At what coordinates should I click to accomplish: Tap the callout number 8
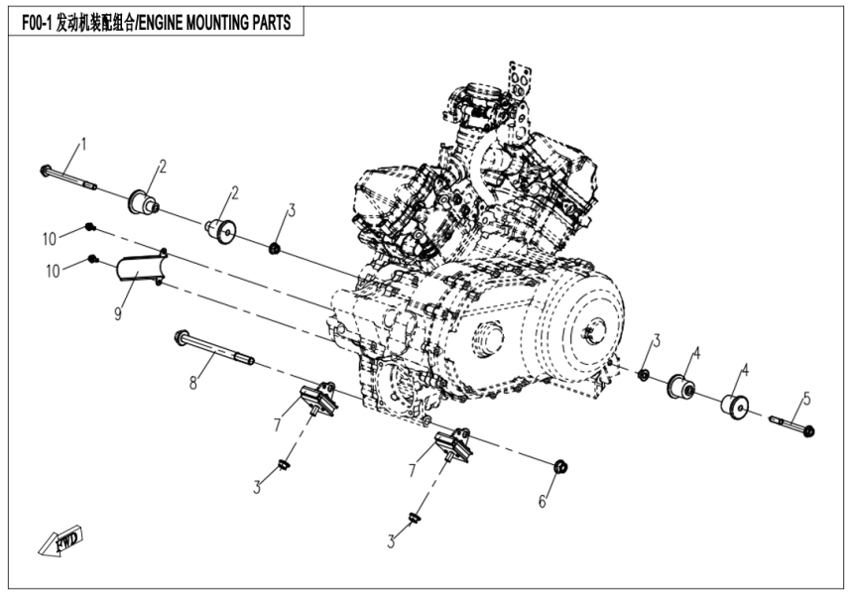(x=195, y=380)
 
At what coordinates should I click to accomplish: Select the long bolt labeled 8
(x=212, y=348)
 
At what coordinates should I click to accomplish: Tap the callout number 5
(x=806, y=399)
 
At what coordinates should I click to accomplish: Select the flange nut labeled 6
(x=557, y=465)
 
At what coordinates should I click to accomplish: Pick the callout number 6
(x=543, y=502)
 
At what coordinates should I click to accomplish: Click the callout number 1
(x=83, y=144)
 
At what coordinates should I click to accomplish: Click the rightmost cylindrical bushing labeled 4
(x=735, y=407)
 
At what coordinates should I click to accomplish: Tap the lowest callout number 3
(x=391, y=541)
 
